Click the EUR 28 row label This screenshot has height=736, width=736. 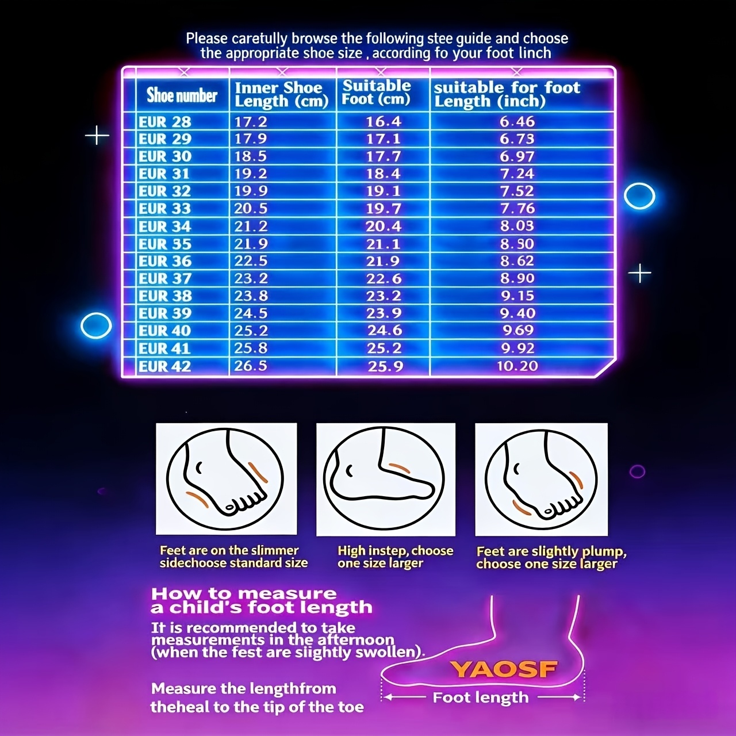tap(164, 122)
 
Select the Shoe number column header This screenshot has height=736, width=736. tap(182, 95)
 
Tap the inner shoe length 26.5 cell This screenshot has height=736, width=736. tap(251, 366)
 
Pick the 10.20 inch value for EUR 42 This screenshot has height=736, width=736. tap(517, 366)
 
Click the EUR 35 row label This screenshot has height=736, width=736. tap(164, 244)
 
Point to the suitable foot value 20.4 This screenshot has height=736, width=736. tap(384, 227)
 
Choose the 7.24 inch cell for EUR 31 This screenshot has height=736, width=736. tap(517, 174)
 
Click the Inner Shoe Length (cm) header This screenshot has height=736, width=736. tap(282, 94)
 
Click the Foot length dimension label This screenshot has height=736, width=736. tap(481, 697)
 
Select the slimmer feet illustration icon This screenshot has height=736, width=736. tap(226, 478)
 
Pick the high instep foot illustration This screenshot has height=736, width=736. tap(386, 479)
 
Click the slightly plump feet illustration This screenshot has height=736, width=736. tap(541, 479)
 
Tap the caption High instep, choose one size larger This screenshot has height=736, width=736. tap(395, 557)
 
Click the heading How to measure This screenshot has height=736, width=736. tap(244, 593)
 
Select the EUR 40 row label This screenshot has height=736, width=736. tap(164, 331)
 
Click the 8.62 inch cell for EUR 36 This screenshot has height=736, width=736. tap(517, 261)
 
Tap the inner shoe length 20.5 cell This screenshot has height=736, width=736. tap(251, 209)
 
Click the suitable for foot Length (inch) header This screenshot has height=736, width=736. tap(507, 94)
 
